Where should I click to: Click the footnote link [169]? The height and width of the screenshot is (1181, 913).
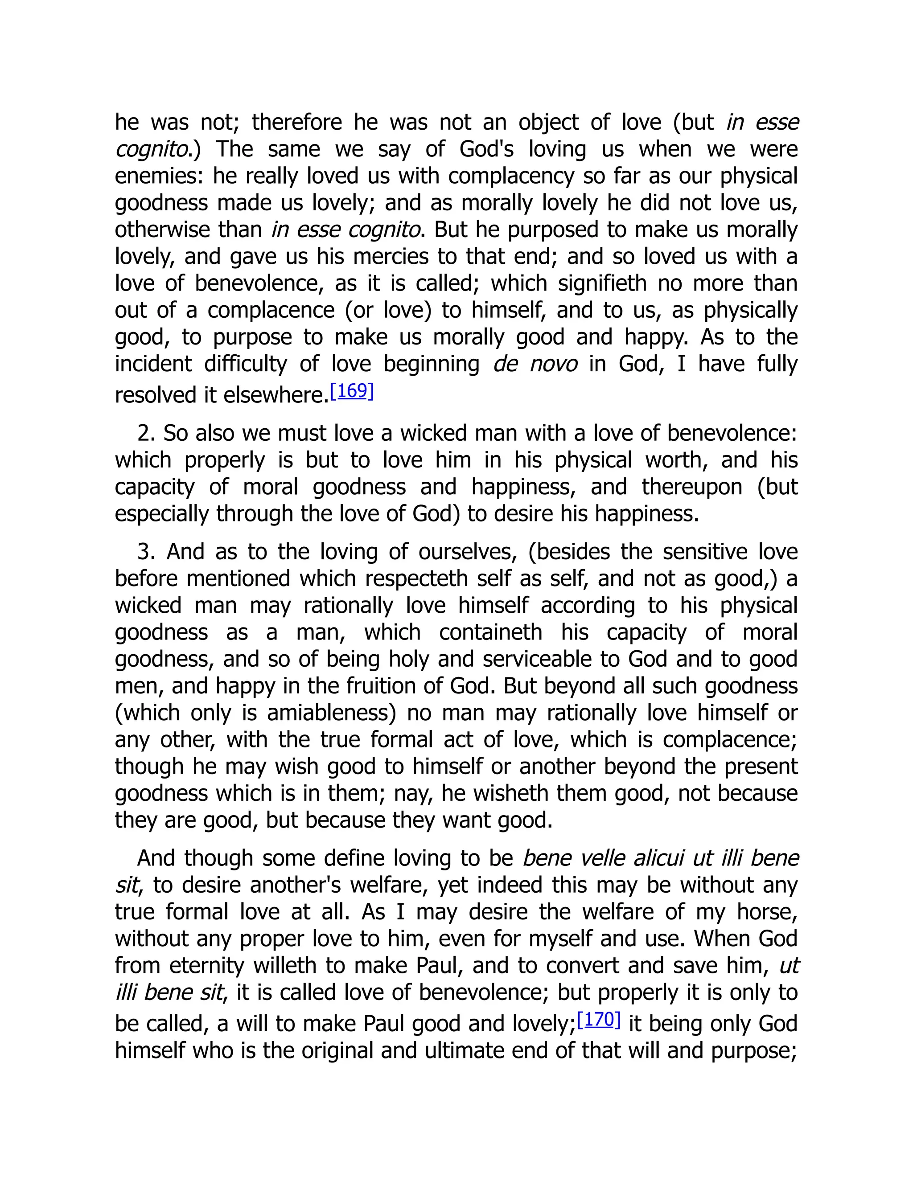[352, 391]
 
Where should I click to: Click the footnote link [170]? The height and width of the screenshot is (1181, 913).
[599, 1019]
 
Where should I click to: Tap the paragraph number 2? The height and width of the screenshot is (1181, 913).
[144, 433]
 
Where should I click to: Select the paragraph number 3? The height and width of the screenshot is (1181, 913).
[144, 552]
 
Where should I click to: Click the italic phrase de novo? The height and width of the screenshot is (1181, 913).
[535, 364]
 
